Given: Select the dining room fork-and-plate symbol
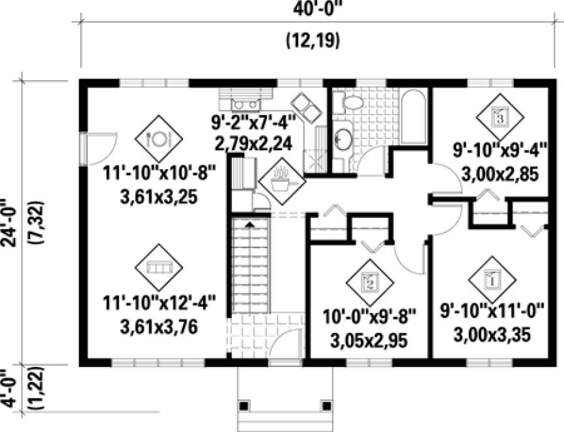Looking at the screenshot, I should [158, 138].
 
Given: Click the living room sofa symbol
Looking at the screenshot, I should [158, 267].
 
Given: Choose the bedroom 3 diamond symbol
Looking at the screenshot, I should [500, 117].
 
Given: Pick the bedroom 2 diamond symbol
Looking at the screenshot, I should [369, 282].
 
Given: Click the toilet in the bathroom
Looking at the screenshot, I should [352, 102].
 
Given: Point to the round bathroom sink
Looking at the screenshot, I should [343, 139].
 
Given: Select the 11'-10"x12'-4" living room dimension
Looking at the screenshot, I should [159, 303].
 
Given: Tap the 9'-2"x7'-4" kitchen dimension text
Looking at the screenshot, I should [254, 122].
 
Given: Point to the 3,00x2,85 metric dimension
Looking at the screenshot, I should [500, 175].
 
